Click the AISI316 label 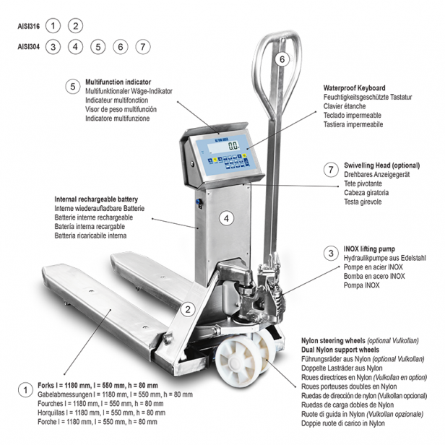29,27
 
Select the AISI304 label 29,46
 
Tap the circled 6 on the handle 282,59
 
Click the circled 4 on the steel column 226,218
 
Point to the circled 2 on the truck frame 188,309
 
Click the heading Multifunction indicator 118,82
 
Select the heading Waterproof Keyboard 354,88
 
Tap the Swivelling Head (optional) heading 381,165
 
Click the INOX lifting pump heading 369,249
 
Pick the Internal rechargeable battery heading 96,199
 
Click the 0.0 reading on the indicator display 233,146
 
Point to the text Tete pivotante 363,183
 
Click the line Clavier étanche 345,106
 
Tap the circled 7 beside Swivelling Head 331,170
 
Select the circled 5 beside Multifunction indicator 73,86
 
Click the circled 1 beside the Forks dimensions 25,390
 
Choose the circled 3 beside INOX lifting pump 331,253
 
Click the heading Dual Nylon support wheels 340,350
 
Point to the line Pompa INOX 361,285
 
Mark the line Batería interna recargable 90,227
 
